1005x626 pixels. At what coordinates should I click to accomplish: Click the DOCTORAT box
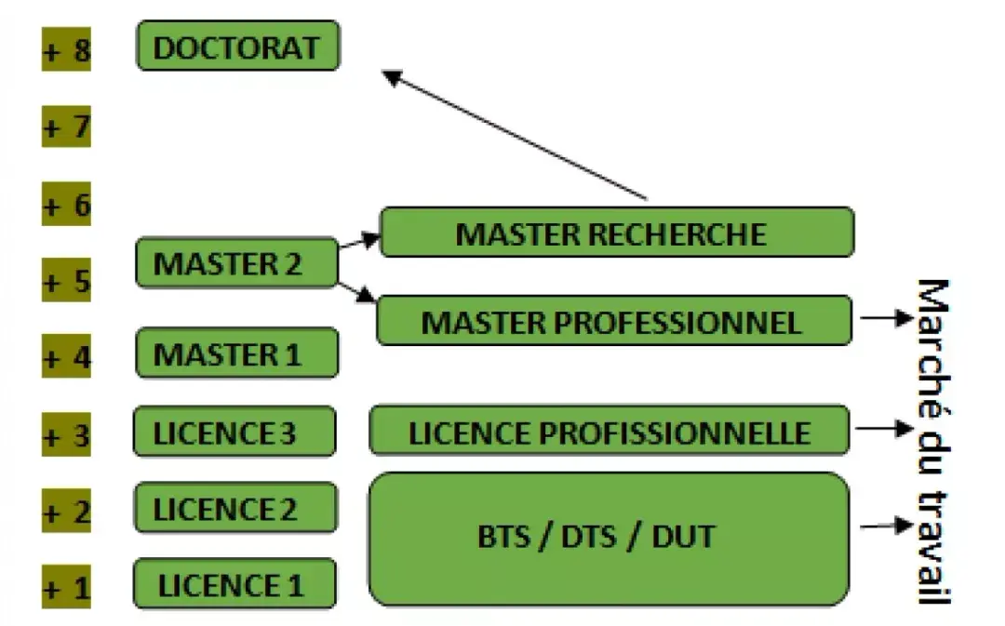(x=238, y=46)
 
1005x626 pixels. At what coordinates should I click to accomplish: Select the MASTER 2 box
(x=235, y=262)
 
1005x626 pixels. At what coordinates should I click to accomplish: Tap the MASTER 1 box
(x=235, y=353)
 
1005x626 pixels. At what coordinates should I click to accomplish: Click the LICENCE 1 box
(x=234, y=584)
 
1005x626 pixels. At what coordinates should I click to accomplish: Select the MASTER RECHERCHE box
(x=616, y=233)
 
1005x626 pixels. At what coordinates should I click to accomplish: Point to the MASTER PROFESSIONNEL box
(x=613, y=321)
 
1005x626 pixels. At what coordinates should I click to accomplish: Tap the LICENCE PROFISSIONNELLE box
(x=610, y=431)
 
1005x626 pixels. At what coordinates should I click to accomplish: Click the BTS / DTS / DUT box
(x=610, y=538)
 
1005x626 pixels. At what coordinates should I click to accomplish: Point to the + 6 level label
(x=67, y=204)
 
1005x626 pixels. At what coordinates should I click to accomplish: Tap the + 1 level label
(x=67, y=587)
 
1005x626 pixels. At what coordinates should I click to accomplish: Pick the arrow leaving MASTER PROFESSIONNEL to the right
(x=886, y=318)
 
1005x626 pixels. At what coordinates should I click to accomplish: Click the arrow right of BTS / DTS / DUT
(x=886, y=526)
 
